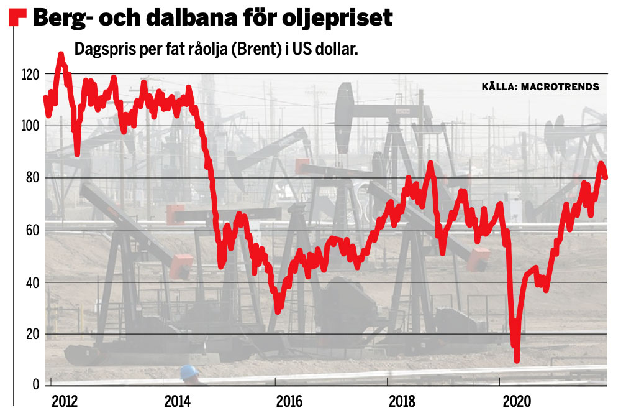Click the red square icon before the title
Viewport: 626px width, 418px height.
pyautogui.click(x=17, y=18)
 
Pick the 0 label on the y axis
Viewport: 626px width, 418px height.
pyautogui.click(x=37, y=386)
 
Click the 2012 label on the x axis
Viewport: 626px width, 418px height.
pyautogui.click(x=64, y=402)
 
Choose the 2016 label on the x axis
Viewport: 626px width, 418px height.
pyautogui.click(x=289, y=402)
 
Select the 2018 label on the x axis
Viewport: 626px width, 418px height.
pyautogui.click(x=402, y=402)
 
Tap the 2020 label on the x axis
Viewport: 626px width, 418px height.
pyautogui.click(x=515, y=402)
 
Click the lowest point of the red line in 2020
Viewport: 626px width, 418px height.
pyautogui.click(x=517, y=359)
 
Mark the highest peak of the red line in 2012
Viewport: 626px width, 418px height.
pyautogui.click(x=61, y=55)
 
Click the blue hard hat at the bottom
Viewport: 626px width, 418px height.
pyautogui.click(x=189, y=372)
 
